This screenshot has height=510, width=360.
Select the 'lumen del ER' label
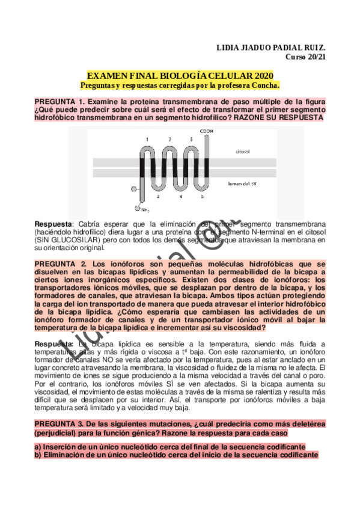tap(242, 183)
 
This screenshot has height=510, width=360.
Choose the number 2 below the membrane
tap(158, 196)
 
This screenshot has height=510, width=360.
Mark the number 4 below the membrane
tap(180, 196)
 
